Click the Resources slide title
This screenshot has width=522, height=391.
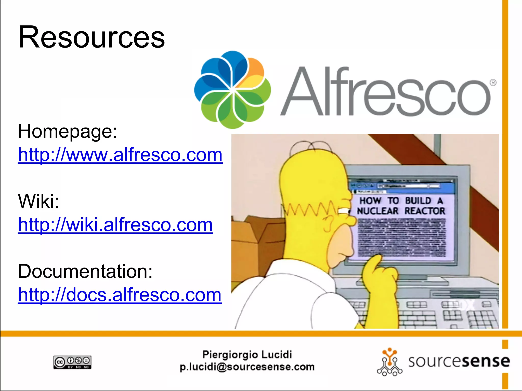coord(92,37)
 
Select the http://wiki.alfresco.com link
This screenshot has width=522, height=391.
coord(115,225)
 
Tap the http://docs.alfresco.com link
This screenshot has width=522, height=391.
coord(120,295)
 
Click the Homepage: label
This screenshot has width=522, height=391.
coord(68,131)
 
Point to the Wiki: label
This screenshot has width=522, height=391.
coord(38,201)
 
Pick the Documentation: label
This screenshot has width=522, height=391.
coord(85,271)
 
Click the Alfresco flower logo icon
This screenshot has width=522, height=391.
coord(232,90)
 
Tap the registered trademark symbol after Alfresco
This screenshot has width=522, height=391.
coord(493,83)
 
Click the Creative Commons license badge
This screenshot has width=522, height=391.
coord(72,362)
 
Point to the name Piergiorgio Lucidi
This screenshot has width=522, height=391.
coord(247,355)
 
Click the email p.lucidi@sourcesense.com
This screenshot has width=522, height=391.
coord(247,367)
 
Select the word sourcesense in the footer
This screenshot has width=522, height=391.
coord(459,361)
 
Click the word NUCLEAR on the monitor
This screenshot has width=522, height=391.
coord(377,211)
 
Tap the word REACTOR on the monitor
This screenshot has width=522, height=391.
coord(425,211)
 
